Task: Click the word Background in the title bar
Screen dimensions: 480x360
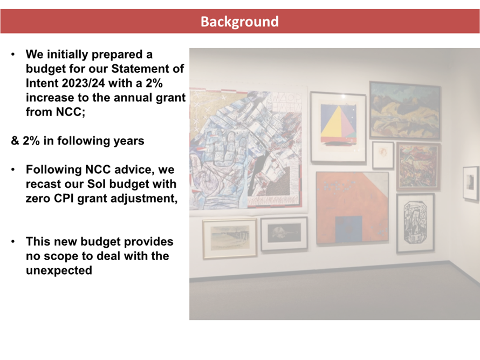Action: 239,22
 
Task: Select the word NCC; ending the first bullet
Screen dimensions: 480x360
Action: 71,112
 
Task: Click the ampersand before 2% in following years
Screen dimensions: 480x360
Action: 15,141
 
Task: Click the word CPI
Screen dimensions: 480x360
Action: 64,198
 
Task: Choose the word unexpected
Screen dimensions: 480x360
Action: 59,270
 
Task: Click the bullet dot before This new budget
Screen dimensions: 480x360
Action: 13,242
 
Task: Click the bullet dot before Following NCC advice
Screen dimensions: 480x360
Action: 13,169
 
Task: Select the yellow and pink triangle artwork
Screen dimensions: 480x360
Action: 338,127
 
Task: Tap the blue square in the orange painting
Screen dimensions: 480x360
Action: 348,229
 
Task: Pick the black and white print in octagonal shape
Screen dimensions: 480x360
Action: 415,223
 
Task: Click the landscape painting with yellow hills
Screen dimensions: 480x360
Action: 405,110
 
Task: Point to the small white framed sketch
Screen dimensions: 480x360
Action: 383,155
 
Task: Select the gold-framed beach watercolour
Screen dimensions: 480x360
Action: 230,239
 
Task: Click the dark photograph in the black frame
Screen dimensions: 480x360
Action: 284,234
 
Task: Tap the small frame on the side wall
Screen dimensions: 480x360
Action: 470,183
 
